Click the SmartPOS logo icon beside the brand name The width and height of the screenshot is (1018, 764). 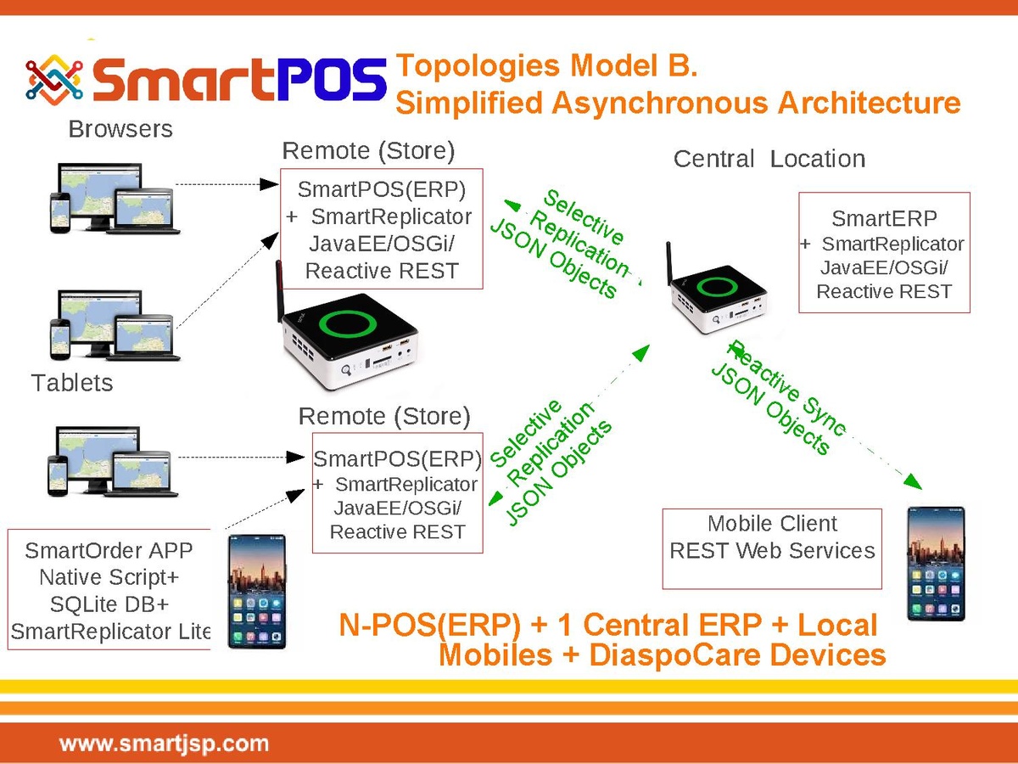coord(54,80)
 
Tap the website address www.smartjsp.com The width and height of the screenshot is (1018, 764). coord(165,744)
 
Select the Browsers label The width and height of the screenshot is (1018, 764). coord(120,129)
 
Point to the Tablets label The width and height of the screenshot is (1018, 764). coord(72,383)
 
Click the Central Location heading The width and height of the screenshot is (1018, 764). coord(769,159)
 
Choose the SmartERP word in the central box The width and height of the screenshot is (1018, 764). coord(884,218)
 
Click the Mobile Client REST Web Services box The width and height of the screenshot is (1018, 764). coord(772,548)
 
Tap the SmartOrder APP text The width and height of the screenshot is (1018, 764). coord(109,551)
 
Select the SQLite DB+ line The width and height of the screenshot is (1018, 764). coord(109,604)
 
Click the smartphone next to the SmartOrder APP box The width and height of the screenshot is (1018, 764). coord(257,592)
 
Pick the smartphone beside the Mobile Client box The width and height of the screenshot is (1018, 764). coord(936,564)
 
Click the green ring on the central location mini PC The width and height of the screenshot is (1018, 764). coord(717,287)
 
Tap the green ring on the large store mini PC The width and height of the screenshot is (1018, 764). coord(348,323)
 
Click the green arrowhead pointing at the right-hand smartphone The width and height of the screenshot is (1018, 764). coord(913,481)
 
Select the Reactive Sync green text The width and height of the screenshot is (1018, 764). coord(787,388)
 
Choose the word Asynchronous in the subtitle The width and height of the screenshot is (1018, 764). coord(659,103)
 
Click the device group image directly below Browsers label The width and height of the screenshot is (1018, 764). coord(115,198)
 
